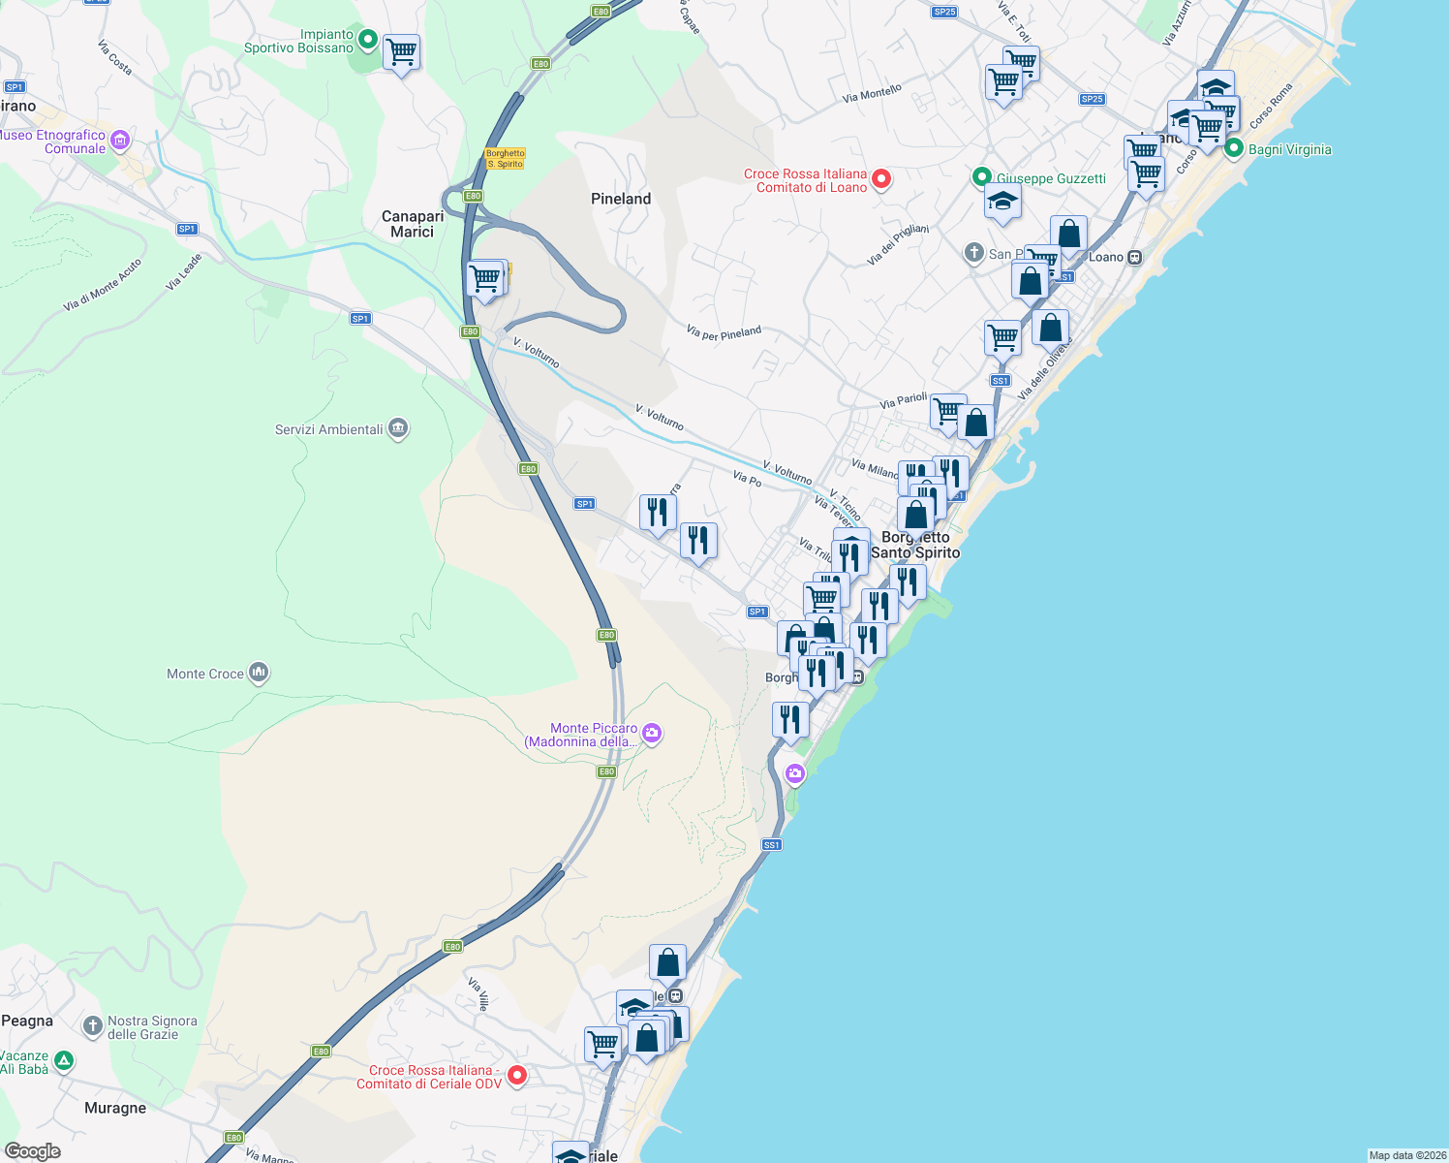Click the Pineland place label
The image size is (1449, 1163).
[621, 199]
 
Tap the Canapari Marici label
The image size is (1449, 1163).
[413, 224]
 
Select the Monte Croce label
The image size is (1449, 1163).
[205, 674]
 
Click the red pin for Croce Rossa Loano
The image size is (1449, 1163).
[881, 178]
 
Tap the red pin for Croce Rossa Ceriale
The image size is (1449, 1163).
[517, 1075]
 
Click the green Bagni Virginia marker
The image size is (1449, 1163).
[1234, 149]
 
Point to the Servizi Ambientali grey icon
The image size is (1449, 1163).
[397, 428]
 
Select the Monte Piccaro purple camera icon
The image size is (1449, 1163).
[652, 733]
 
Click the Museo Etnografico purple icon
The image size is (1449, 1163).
[120, 141]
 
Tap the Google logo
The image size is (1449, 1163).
[33, 1151]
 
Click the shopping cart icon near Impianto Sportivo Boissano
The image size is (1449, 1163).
[401, 52]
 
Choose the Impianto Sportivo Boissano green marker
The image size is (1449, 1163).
[368, 40]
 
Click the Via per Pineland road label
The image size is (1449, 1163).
[724, 332]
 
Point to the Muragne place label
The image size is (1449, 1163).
[115, 1108]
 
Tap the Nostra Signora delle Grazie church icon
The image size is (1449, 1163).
[93, 1025]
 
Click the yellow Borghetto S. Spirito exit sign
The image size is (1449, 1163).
[505, 159]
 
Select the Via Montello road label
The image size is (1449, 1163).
[872, 93]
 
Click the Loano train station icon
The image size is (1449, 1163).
[1134, 257]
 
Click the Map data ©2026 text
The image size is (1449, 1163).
[1407, 1155]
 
